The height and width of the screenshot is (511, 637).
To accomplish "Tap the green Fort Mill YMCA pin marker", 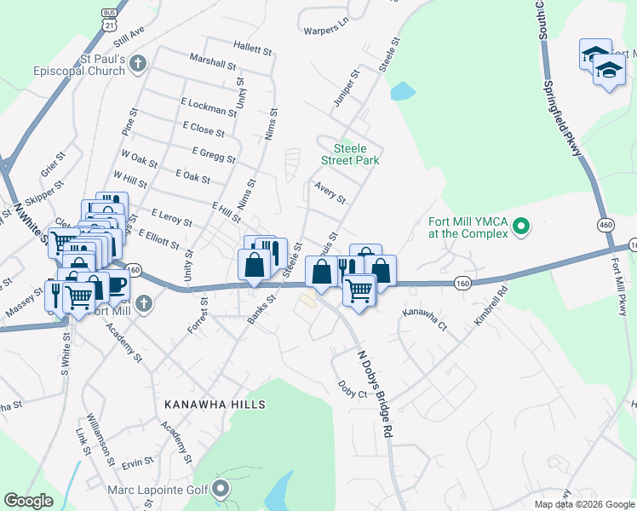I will click(525, 227).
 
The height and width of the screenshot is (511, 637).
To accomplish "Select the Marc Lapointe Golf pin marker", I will click(221, 489).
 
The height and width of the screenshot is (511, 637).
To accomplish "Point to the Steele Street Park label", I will click(350, 153).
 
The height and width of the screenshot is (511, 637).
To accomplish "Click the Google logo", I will click(28, 501).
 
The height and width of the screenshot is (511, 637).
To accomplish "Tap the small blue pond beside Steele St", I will click(399, 89).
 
